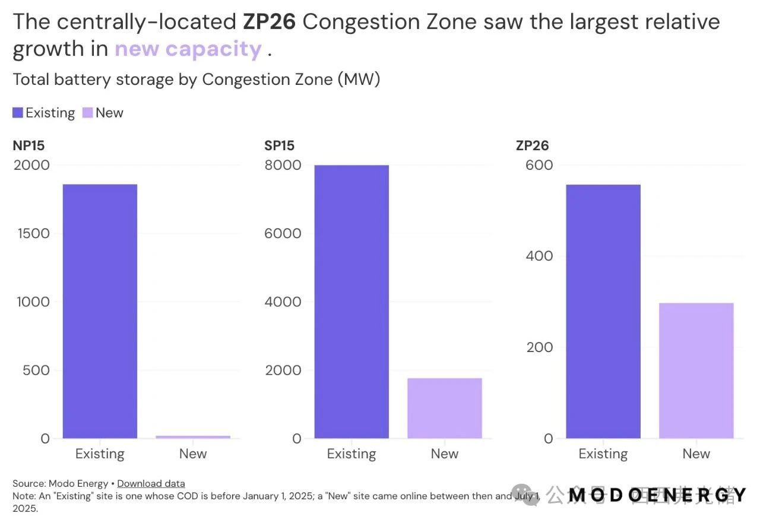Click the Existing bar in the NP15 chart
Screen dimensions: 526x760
coord(100,311)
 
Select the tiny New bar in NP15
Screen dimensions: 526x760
coord(193,437)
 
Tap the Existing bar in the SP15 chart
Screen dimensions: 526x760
coord(351,302)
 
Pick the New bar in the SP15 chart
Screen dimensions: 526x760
coord(444,408)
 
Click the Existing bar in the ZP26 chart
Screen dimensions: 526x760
coord(603,311)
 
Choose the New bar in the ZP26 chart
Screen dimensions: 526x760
coord(696,370)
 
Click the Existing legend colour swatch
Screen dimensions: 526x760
coord(18,113)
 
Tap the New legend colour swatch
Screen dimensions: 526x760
coord(87,113)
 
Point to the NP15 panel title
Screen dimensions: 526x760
coord(28,145)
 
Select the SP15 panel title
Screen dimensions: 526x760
coord(279,145)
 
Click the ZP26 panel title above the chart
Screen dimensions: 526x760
coord(533,145)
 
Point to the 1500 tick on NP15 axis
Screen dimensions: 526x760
coord(33,233)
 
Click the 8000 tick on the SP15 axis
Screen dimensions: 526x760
coord(283,165)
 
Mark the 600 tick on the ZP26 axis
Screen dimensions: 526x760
coord(539,165)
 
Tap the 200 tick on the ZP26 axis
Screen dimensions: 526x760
coord(539,347)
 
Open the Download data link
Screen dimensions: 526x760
coord(151,483)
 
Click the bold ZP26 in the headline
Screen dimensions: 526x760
coord(268,23)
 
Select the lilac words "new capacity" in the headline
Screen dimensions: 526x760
coord(188,49)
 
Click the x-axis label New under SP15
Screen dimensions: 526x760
coord(444,454)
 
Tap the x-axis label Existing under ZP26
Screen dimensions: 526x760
coord(603,454)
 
